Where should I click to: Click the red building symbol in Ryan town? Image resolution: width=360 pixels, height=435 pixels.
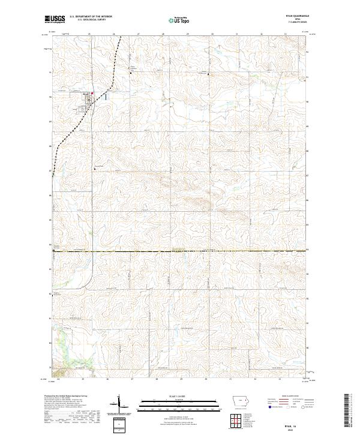[91, 94]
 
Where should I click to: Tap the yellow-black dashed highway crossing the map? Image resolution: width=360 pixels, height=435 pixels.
[180, 250]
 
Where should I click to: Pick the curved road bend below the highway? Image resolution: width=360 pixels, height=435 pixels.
[91, 277]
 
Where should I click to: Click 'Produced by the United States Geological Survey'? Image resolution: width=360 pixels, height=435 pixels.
[65, 396]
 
